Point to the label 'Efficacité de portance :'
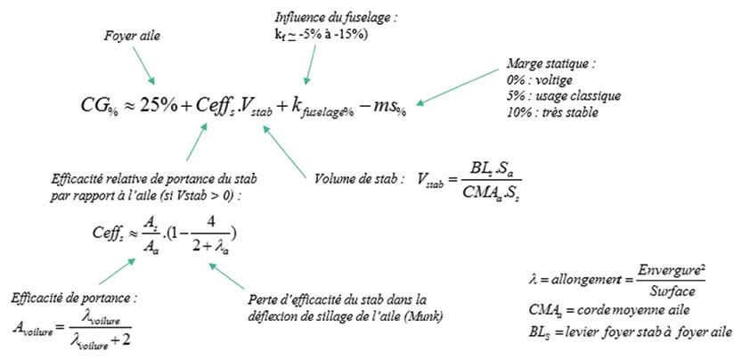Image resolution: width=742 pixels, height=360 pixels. pos(74,298)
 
